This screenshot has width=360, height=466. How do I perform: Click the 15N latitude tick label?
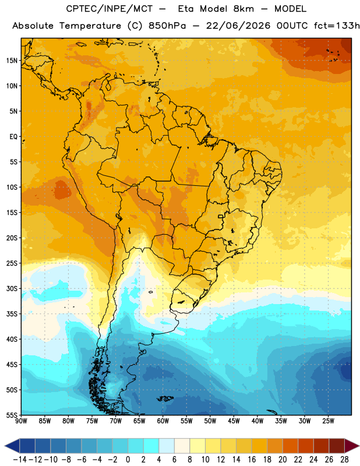[12, 61]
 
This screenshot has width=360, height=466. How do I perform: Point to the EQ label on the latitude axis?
[13, 137]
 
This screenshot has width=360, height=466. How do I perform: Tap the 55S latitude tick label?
[12, 415]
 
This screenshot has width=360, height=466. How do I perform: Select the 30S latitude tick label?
[12, 288]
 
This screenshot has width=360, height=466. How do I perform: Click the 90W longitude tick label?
[21, 421]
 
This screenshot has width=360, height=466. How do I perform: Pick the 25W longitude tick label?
[328, 421]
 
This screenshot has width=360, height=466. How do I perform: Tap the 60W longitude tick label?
[163, 421]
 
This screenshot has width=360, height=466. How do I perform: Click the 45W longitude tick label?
[234, 421]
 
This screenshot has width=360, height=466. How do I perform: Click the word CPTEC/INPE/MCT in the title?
[110, 9]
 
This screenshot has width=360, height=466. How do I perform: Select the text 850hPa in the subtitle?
[167, 26]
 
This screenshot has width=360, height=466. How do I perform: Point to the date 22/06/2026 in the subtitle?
[238, 26]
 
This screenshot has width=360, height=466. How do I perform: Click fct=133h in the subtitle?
[337, 26]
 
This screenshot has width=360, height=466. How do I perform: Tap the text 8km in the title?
[243, 9]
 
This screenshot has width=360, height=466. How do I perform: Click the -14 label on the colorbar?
[20, 460]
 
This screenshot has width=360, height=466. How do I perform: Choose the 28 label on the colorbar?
[344, 460]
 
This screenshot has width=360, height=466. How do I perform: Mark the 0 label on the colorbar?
[128, 460]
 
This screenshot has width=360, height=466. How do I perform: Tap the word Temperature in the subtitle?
[90, 26]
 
